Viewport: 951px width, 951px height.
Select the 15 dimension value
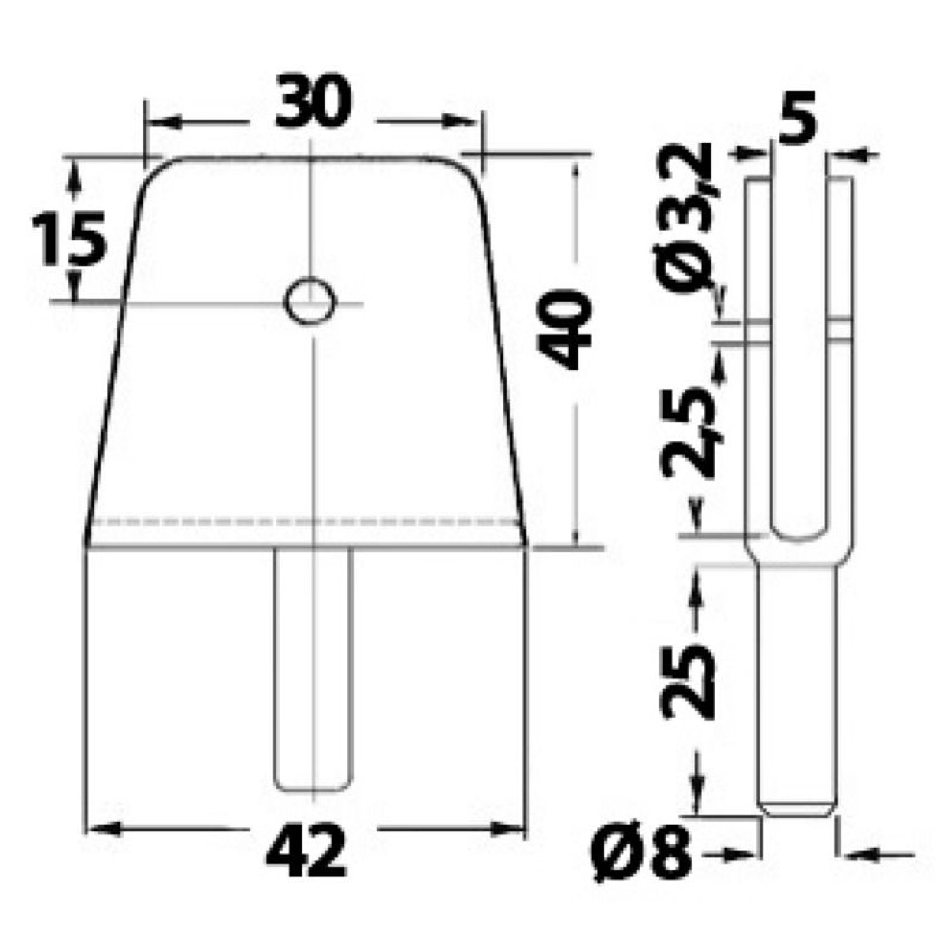68,239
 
